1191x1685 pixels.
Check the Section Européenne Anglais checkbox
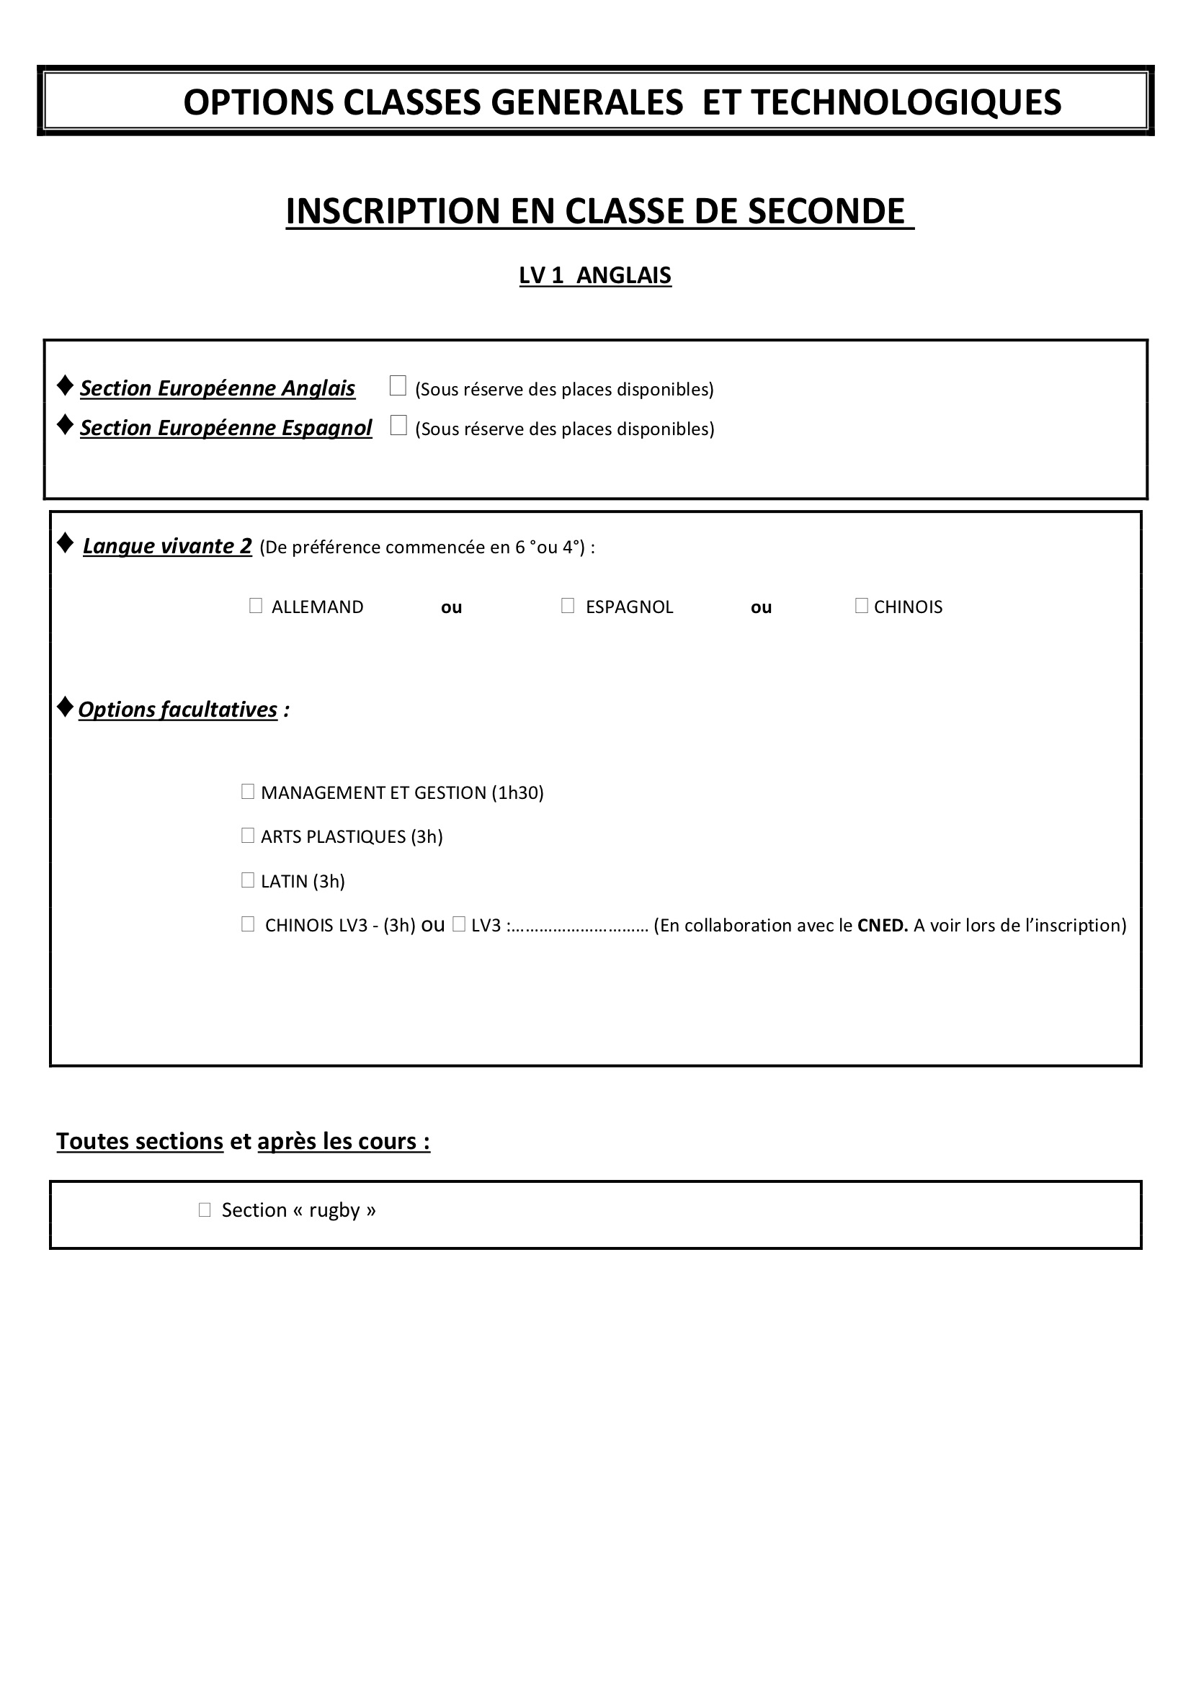[398, 385]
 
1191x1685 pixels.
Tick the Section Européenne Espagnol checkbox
[398, 425]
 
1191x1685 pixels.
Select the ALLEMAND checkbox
[255, 605]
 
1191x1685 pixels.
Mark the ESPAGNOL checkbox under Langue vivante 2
[567, 605]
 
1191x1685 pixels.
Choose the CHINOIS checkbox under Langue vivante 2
[862, 605]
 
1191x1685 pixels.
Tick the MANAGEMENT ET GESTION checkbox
[247, 791]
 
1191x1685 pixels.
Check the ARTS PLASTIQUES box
[247, 835]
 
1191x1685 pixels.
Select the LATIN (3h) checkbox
[247, 880]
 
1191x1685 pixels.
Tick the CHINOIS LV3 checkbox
[247, 924]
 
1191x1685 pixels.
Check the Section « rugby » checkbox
[205, 1210]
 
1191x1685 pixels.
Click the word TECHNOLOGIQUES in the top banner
[906, 102]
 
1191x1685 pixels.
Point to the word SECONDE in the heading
[826, 211]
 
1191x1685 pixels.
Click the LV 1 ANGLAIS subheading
[595, 275]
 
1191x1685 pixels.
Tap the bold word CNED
[882, 926]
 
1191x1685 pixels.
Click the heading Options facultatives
[177, 710]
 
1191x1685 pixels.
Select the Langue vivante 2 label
[167, 546]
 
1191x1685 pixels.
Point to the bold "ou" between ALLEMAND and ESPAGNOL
[451, 608]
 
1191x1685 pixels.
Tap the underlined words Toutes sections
[140, 1141]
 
